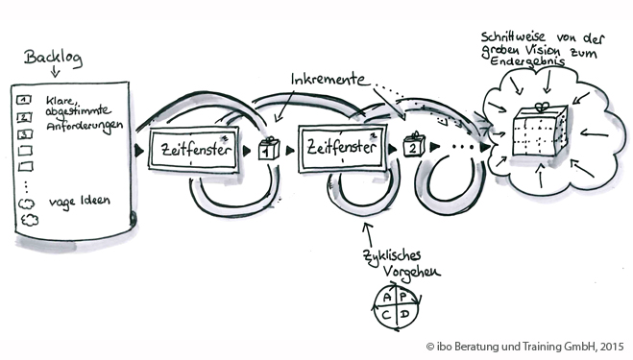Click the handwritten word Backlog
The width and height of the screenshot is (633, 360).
coord(53,58)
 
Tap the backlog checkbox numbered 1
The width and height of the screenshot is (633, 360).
coord(24,99)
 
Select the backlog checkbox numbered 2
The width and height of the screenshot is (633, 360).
coord(24,117)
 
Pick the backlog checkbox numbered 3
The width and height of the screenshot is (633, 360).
coord(25,133)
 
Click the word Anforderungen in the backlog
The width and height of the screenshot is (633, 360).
coord(85,126)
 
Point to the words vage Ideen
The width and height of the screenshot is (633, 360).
coord(80,202)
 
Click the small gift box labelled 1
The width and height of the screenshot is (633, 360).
coord(269,149)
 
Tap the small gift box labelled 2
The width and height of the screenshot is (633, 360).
coord(414,145)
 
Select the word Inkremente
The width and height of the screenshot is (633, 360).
coord(329,79)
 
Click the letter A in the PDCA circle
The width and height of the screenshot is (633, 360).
coord(387,298)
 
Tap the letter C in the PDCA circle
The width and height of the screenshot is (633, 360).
coord(387,315)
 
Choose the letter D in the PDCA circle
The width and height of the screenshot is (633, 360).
coord(405,314)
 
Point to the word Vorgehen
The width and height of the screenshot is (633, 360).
coord(411,273)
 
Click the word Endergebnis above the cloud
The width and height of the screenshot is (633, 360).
coord(526,61)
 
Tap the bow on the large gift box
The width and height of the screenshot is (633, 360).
coord(542,107)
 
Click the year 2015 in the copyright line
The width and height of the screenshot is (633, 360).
coord(612,347)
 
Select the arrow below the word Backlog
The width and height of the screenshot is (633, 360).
coord(55,72)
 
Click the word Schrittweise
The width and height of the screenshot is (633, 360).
coord(513,37)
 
